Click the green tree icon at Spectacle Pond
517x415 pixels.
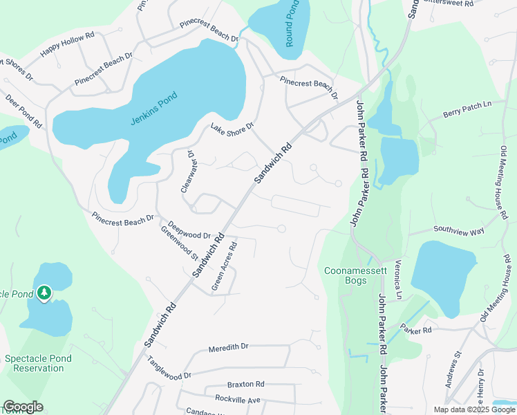[45, 293]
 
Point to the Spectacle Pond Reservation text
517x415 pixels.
[44, 363]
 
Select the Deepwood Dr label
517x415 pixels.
[189, 230]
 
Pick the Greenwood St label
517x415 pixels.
[179, 242]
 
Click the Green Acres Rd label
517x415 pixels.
[225, 265]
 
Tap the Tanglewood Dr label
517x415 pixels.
[169, 368]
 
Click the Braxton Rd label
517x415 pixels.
[245, 384]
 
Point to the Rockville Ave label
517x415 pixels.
[237, 399]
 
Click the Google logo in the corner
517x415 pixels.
[23, 407]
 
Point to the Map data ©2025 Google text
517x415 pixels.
[473, 409]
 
